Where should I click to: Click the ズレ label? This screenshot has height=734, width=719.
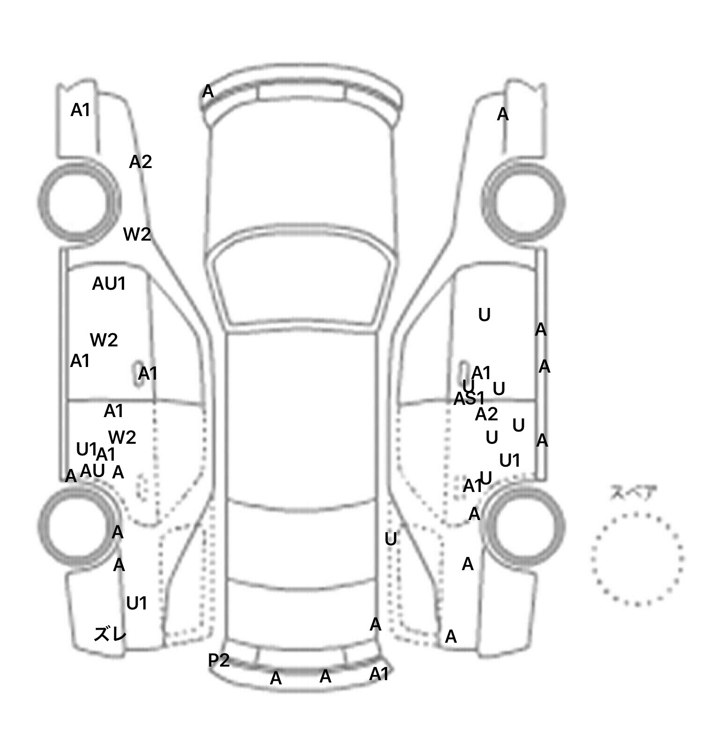coord(110,634)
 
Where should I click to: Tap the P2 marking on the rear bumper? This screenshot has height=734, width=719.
coord(219,660)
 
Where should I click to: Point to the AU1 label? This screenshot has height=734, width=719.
coord(109,284)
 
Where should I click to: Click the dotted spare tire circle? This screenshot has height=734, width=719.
coord(637,558)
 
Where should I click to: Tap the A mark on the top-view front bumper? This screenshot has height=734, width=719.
coord(208,92)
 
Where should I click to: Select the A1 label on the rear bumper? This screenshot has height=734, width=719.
coord(379,674)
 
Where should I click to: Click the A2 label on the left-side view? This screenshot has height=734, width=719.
coord(140,162)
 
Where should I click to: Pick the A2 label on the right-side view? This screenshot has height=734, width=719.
coord(486,414)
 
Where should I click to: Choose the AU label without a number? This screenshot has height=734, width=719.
coord(92,471)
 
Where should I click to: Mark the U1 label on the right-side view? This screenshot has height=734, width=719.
coord(510,461)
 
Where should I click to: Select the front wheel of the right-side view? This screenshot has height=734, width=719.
coord(524,201)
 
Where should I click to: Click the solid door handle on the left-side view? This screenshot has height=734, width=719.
coord(139,373)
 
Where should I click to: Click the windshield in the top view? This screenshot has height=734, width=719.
coord(302,286)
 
